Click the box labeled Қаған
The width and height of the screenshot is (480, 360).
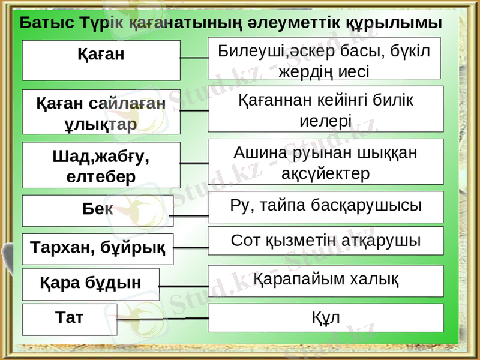(x=101, y=60)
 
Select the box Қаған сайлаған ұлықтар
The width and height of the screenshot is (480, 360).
(x=101, y=112)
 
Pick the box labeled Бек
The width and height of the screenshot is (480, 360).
(x=97, y=210)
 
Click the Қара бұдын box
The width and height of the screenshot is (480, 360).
(x=90, y=284)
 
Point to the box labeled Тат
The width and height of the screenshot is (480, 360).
(x=69, y=319)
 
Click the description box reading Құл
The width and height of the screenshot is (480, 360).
(x=325, y=317)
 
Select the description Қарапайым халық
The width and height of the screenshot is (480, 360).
(x=325, y=280)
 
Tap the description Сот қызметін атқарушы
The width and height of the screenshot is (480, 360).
(x=325, y=241)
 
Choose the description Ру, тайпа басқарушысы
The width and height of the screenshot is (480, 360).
(x=325, y=206)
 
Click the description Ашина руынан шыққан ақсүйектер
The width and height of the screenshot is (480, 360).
(x=325, y=162)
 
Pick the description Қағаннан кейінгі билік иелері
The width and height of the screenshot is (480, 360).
(x=325, y=109)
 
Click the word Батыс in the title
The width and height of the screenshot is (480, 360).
(x=44, y=23)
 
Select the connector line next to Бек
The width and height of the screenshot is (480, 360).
(x=190, y=214)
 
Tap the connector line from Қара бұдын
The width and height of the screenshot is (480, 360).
(x=183, y=286)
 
